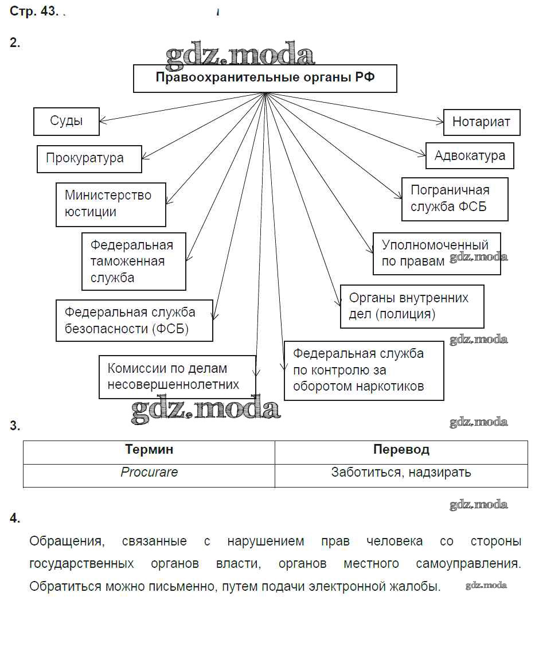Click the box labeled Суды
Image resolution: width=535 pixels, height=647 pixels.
[x=67, y=122]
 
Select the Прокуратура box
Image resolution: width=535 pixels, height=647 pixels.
[x=89, y=158]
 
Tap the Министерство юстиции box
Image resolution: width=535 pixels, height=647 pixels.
[x=111, y=204]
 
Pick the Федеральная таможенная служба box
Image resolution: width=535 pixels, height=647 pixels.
[x=134, y=261]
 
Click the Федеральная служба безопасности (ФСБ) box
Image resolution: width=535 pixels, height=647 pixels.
[x=134, y=320]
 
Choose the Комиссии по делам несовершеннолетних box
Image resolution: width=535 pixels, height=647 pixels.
[x=177, y=376]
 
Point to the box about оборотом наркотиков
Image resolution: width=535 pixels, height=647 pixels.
[x=364, y=370]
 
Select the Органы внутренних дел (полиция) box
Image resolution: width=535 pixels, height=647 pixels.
[x=412, y=306]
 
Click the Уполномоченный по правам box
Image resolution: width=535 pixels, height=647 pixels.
[x=436, y=253]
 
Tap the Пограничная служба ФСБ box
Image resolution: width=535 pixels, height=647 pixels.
[x=455, y=198]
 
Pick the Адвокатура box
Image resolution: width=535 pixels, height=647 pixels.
[x=470, y=155]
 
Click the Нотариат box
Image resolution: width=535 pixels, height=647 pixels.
[x=482, y=122]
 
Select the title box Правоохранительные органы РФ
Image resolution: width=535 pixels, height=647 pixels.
[x=265, y=78]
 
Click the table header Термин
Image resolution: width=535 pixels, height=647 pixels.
[x=149, y=450]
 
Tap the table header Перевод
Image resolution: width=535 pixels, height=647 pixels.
[x=401, y=450]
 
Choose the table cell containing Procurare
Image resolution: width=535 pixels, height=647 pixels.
[x=149, y=473]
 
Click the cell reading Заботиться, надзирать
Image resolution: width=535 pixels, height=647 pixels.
[x=401, y=473]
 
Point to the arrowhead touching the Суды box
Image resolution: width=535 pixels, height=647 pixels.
[x=103, y=121]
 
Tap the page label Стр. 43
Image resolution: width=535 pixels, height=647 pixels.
[x=34, y=12]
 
